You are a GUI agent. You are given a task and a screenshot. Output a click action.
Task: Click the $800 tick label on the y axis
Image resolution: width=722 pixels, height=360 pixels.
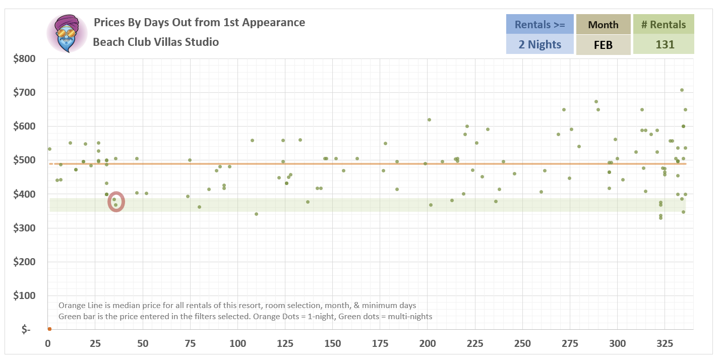coord(24,59)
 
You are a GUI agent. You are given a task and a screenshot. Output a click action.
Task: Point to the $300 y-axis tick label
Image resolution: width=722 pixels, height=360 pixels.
coord(24,228)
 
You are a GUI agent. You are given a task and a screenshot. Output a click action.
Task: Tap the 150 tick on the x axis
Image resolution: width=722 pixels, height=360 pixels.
coord(332,344)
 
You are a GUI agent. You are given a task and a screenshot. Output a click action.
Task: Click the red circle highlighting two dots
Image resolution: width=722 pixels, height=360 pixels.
coord(116,202)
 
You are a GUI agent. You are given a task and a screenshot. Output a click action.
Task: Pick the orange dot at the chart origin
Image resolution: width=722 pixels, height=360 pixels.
coord(49,329)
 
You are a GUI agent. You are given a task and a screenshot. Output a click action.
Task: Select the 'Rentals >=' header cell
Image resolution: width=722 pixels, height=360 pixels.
coord(539,24)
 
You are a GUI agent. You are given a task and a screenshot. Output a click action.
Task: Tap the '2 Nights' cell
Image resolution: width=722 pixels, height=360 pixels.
coord(539,44)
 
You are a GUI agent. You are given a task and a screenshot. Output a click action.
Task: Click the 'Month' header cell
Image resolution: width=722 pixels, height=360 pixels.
coord(603,24)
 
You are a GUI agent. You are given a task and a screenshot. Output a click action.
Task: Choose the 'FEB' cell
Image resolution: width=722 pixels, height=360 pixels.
coord(603,44)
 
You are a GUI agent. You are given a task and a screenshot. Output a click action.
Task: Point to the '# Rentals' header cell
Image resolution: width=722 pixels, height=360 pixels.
coord(663,24)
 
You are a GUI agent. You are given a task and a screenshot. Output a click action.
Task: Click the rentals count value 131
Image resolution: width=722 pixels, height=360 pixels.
coord(663,44)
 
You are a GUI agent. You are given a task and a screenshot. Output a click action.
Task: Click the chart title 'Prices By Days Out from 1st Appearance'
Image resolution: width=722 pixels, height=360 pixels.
coord(199,23)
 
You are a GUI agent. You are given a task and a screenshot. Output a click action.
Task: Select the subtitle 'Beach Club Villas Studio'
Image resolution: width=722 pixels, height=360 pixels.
coord(156,42)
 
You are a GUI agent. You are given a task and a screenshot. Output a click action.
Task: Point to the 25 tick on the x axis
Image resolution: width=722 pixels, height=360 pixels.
coord(95,344)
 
